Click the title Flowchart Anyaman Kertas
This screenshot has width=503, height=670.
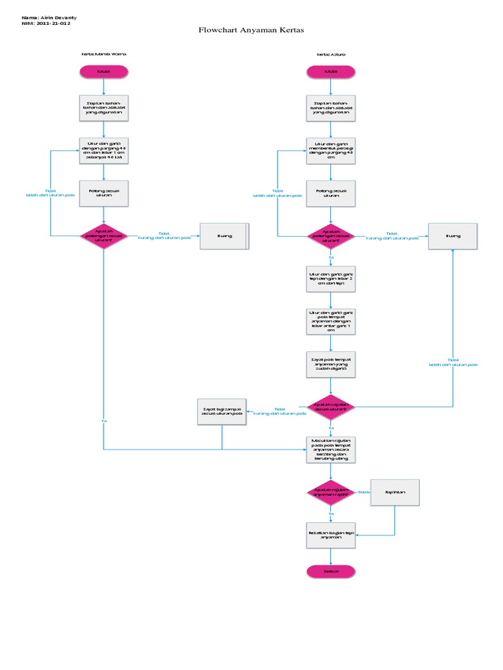251,30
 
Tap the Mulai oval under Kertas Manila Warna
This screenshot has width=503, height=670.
103,71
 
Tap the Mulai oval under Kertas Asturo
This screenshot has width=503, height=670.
331,71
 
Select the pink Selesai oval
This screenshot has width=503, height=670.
331,571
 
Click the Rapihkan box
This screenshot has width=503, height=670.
394,493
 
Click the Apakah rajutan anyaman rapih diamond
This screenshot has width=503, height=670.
331,493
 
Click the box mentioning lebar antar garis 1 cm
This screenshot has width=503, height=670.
331,321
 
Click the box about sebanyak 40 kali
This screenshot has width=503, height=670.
103,150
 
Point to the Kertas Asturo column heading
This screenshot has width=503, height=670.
331,54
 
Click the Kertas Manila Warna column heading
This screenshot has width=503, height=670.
103,54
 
